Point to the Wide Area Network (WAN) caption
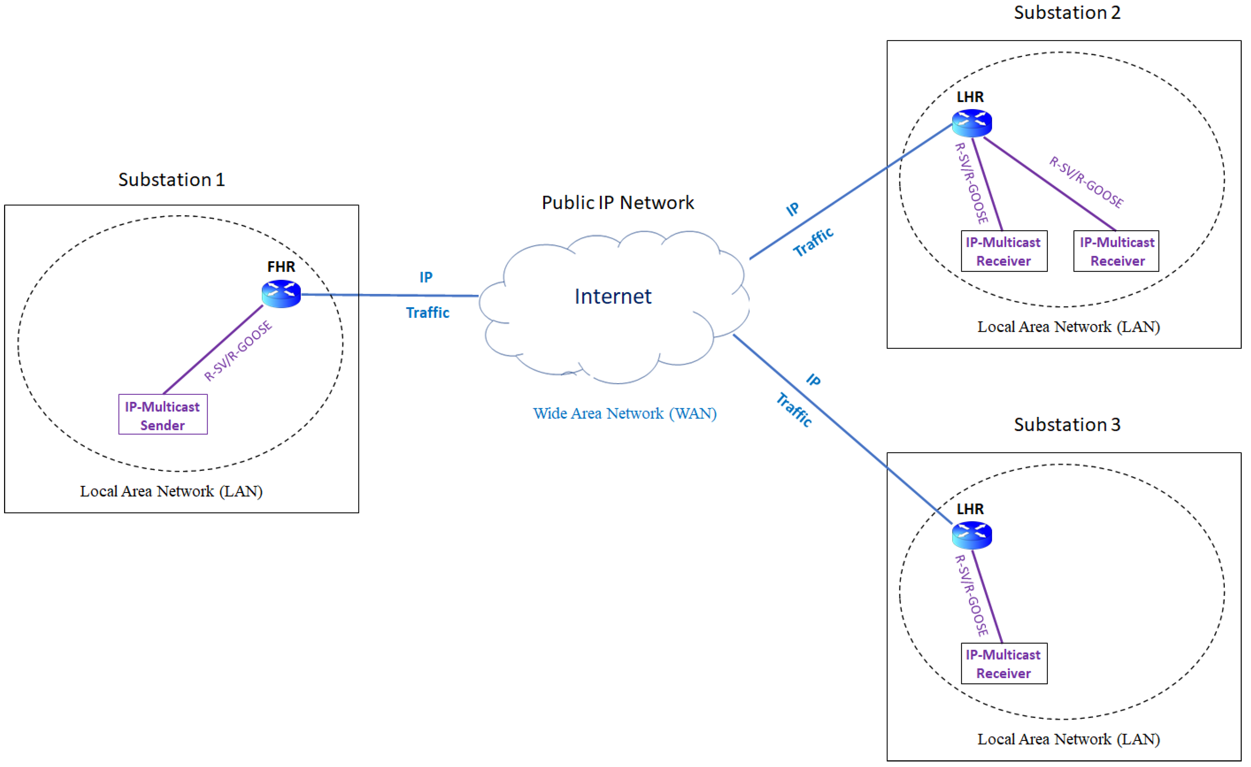pos(625,413)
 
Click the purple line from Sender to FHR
pos(213,349)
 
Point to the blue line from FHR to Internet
pos(390,295)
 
